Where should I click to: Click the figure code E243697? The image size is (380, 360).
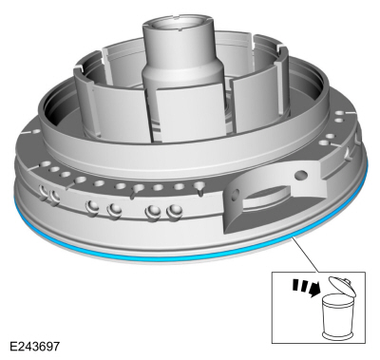(x=34, y=346)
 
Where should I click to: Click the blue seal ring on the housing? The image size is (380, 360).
(x=159, y=256)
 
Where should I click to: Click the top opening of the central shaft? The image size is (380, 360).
(x=178, y=26)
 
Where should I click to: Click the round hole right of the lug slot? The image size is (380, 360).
(x=300, y=175)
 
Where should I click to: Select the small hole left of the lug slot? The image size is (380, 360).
(x=234, y=194)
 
